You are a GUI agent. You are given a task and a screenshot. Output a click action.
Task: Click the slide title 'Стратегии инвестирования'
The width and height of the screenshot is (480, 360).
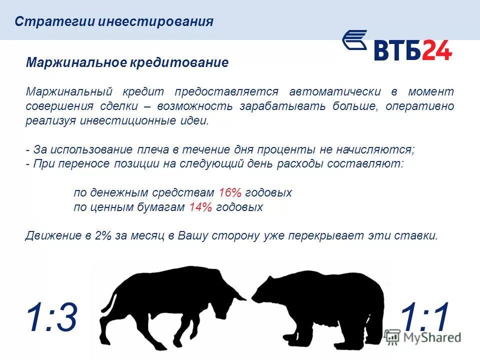coord(114,22)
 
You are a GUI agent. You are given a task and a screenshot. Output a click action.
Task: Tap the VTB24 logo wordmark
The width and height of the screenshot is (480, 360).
coord(412,50)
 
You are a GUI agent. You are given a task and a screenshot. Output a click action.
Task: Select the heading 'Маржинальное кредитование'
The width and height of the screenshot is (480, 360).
coord(127,63)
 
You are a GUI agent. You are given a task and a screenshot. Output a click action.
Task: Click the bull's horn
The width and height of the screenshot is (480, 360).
coord(237,295)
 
